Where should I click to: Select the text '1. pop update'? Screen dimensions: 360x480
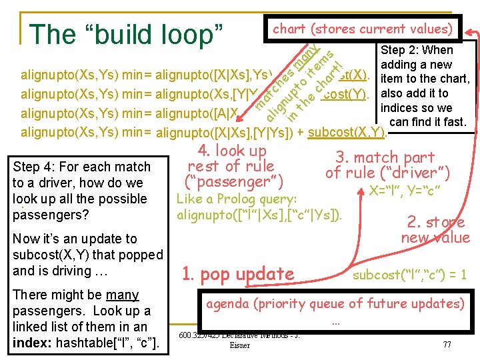pyautogui.click(x=238, y=273)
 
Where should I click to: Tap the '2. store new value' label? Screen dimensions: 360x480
pyautogui.click(x=435, y=229)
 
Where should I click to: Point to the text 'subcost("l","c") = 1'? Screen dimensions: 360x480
pyautogui.click(x=409, y=274)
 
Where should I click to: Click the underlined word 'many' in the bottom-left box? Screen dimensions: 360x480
pyautogui.click(x=122, y=295)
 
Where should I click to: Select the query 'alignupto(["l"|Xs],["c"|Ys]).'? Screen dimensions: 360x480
pyautogui.click(x=259, y=215)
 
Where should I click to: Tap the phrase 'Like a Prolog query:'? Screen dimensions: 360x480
pyautogui.click(x=236, y=199)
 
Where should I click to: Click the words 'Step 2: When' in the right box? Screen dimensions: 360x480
pyautogui.click(x=416, y=50)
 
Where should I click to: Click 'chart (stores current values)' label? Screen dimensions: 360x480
pyautogui.click(x=363, y=29)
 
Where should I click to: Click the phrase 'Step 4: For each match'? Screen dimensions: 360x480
pyautogui.click(x=81, y=167)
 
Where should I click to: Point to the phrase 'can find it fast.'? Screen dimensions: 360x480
pyautogui.click(x=427, y=122)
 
